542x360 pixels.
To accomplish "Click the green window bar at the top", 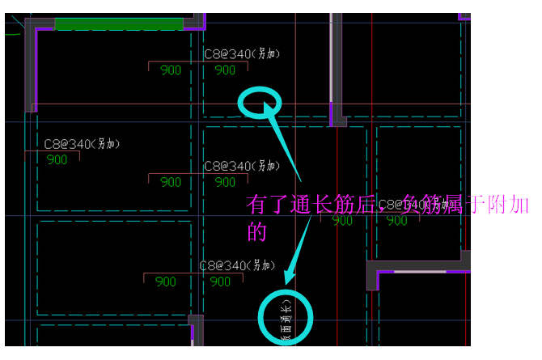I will [x=119, y=23].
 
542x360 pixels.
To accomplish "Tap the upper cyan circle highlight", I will [x=260, y=103].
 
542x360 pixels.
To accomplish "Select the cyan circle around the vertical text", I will [x=285, y=318].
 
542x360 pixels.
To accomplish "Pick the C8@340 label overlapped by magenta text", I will [x=412, y=205].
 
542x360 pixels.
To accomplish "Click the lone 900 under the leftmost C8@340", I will [x=57, y=160].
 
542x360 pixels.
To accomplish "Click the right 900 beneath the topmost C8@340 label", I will [x=225, y=70].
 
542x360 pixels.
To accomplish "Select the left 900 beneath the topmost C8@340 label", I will [x=171, y=70].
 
